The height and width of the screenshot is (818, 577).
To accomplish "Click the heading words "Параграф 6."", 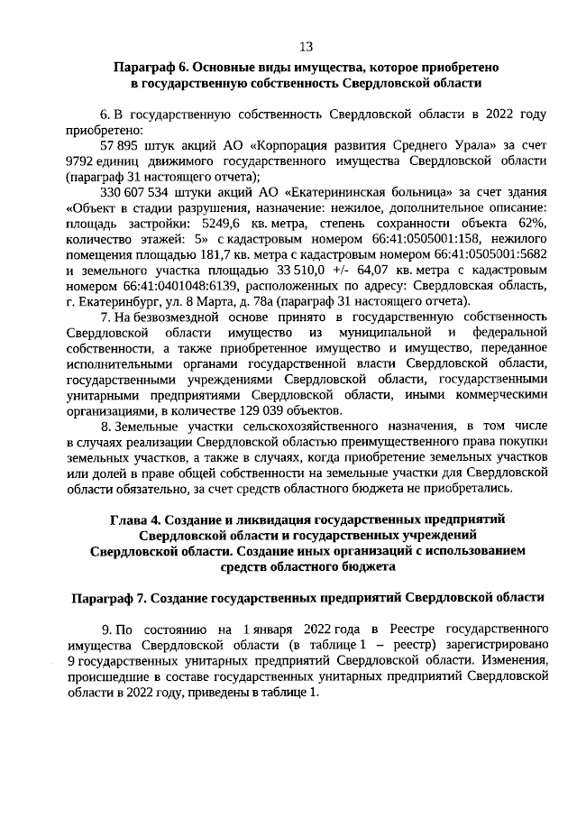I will point(150,68).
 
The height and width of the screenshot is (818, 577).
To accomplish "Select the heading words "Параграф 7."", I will point(106,597).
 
